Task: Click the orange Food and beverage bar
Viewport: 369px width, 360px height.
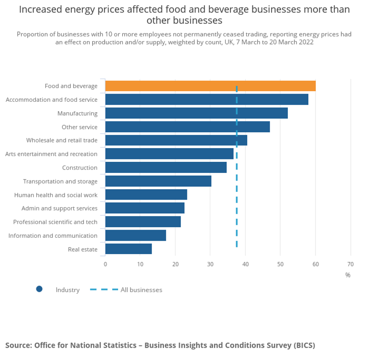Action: click(210, 86)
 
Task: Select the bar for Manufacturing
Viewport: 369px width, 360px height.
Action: click(196, 113)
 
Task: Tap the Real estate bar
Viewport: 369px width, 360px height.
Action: click(129, 249)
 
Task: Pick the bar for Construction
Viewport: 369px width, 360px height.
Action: click(166, 168)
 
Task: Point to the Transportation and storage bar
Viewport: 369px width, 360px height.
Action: click(158, 181)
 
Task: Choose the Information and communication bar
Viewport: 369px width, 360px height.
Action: click(136, 235)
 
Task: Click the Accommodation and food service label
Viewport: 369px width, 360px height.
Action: click(52, 100)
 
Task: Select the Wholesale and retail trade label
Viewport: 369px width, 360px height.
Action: click(62, 140)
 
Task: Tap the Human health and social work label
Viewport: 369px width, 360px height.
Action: click(56, 195)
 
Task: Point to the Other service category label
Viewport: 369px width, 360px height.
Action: click(79, 127)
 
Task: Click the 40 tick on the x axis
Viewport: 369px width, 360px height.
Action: click(245, 264)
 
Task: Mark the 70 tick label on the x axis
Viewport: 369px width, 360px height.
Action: click(350, 264)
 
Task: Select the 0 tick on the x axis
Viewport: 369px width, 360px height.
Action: click(105, 264)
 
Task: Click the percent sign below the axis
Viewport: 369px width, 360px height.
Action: click(347, 275)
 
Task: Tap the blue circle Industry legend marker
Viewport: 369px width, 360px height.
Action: click(39, 289)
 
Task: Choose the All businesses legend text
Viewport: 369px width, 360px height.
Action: click(141, 290)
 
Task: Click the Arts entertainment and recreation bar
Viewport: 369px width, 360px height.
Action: click(169, 154)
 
